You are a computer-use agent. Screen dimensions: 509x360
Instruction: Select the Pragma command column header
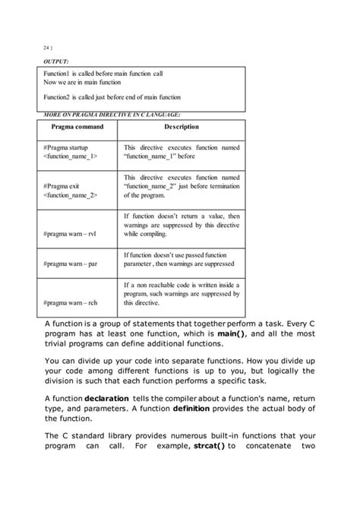pos(76,126)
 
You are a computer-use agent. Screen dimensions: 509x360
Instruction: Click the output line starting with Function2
pos(112,97)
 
